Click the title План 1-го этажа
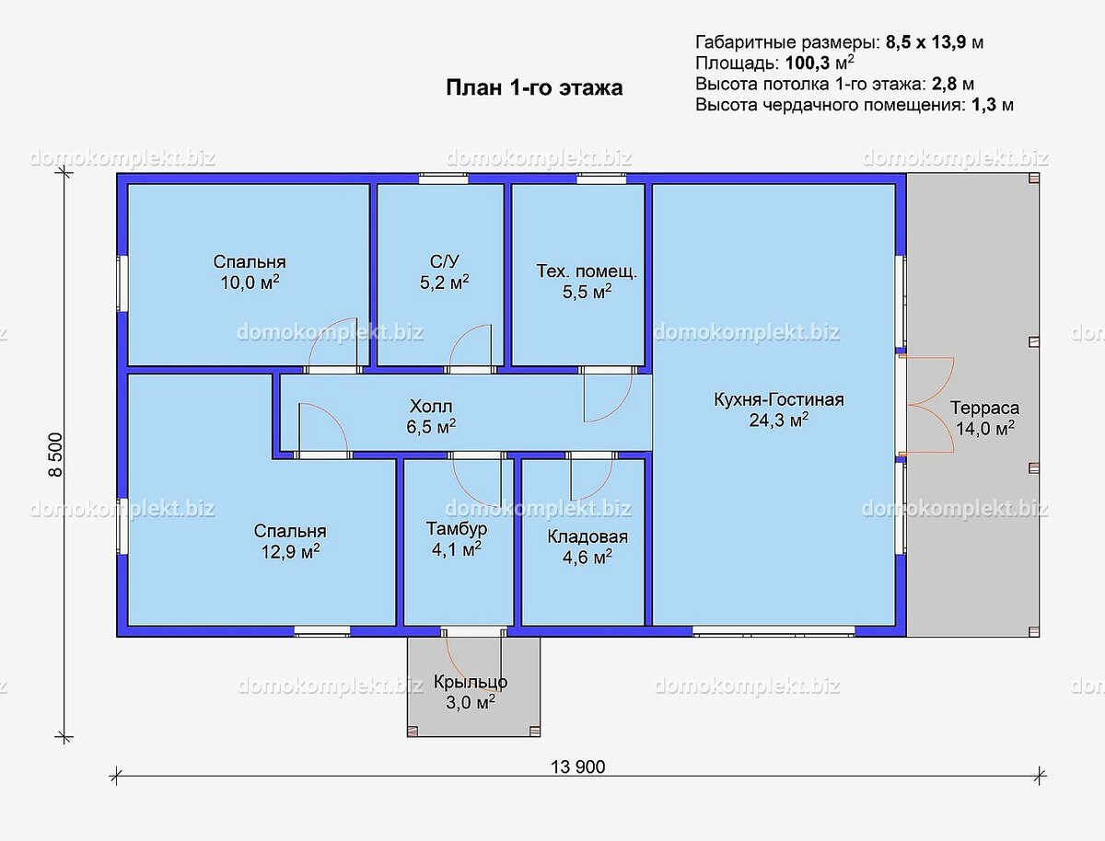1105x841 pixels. click(534, 87)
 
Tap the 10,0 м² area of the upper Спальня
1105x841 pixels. click(250, 282)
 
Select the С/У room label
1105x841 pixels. click(445, 261)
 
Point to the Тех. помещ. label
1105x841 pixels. click(587, 271)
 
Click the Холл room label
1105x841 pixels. click(431, 406)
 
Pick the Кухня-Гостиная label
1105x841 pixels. click(779, 400)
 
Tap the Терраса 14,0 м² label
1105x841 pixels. click(984, 418)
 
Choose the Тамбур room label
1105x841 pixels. click(457, 529)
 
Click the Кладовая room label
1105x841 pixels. click(587, 536)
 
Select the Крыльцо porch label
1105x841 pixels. click(471, 682)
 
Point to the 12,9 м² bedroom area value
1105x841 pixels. click(290, 552)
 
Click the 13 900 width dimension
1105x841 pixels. click(577, 766)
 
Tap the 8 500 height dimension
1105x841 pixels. click(55, 455)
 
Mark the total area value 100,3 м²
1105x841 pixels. click(820, 63)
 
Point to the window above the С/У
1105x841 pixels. click(444, 179)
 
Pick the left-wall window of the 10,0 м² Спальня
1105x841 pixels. click(122, 284)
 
